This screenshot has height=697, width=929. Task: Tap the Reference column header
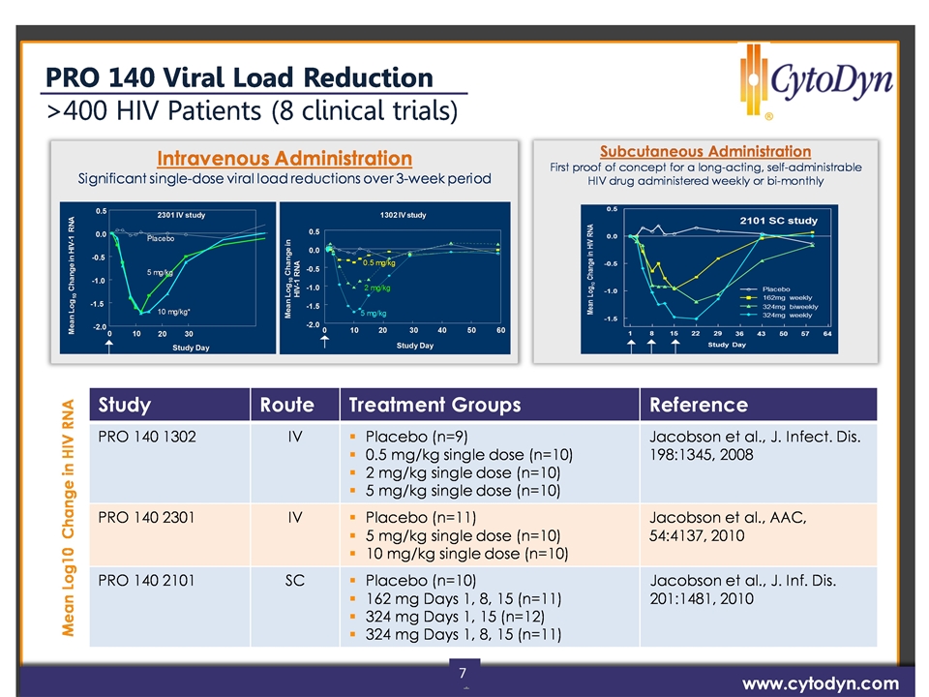pos(699,405)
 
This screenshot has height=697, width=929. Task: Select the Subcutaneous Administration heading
pos(704,151)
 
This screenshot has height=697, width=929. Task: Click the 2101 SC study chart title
pos(778,221)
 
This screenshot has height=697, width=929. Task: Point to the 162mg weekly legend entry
pos(790,297)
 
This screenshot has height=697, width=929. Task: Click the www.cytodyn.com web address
pos(820,682)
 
